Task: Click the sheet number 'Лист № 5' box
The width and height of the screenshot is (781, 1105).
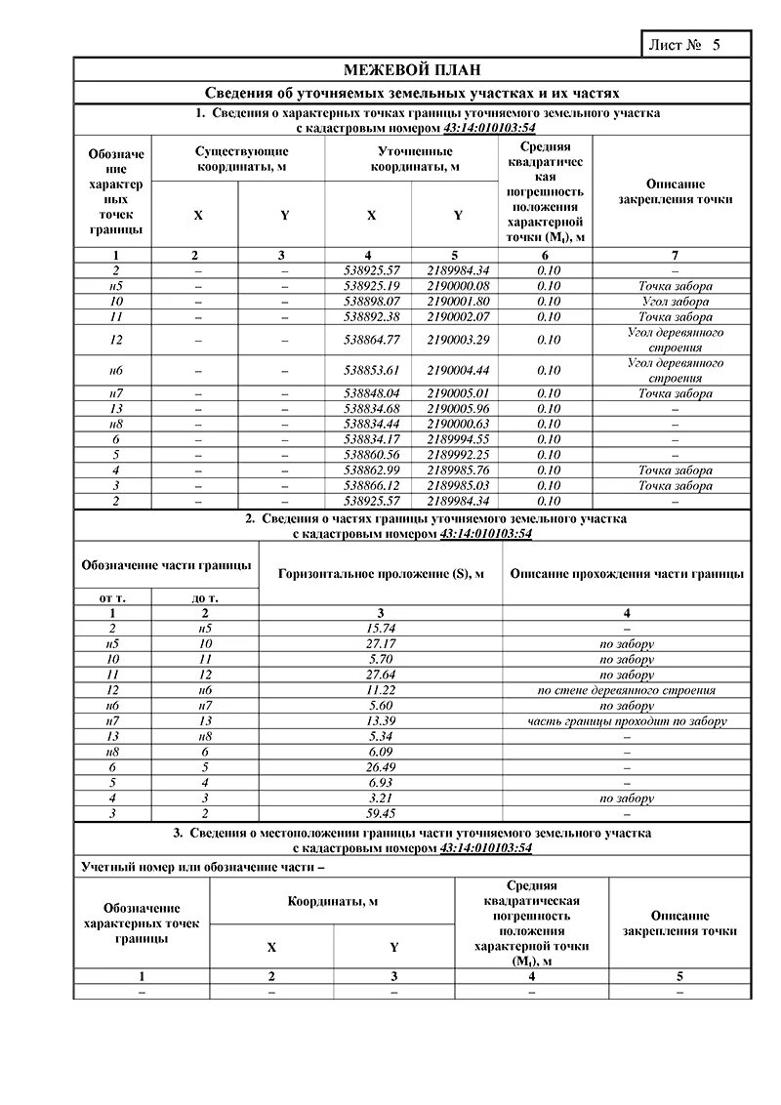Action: pyautogui.click(x=695, y=45)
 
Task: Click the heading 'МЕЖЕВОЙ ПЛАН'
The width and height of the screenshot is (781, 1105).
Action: pyautogui.click(x=411, y=70)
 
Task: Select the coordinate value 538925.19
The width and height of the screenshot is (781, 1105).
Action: pyautogui.click(x=368, y=286)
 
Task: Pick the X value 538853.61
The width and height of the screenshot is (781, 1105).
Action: pyautogui.click(x=368, y=371)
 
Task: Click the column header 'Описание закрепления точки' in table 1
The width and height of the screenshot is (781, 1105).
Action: pyautogui.click(x=675, y=191)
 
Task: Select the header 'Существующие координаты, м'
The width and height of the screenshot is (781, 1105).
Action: pyautogui.click(x=242, y=159)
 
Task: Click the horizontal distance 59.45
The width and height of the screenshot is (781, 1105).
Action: pyautogui.click(x=380, y=813)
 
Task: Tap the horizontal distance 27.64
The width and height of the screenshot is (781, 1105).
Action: pyautogui.click(x=380, y=675)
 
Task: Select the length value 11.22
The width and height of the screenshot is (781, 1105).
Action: pyautogui.click(x=380, y=690)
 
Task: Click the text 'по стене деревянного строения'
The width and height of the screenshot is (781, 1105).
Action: pyautogui.click(x=626, y=690)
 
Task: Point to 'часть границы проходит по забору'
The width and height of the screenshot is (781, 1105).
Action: pyautogui.click(x=626, y=721)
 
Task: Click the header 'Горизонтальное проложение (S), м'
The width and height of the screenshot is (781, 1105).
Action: pyautogui.click(x=380, y=574)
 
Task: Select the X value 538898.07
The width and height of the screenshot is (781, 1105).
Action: pyautogui.click(x=368, y=302)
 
